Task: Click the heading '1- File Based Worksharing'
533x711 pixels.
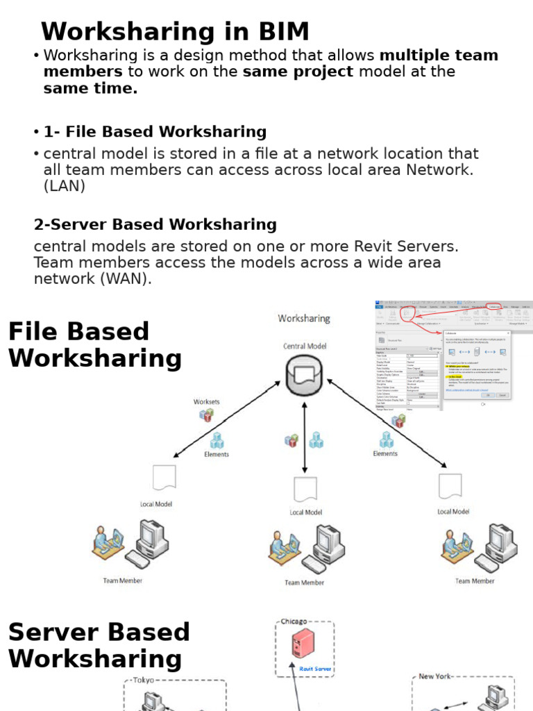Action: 155,132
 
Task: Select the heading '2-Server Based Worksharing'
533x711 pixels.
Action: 155,225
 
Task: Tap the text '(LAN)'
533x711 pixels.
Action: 65,186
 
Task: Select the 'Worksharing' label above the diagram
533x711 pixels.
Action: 304,319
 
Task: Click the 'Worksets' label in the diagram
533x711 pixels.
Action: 206,402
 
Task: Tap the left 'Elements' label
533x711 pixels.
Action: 217,454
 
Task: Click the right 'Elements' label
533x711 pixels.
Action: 385,453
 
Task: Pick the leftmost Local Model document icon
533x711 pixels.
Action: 164,478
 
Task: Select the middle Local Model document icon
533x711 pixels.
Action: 305,490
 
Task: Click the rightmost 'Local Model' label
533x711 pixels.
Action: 453,512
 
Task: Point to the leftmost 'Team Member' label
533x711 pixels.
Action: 123,580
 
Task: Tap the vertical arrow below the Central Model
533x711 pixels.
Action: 304,437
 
